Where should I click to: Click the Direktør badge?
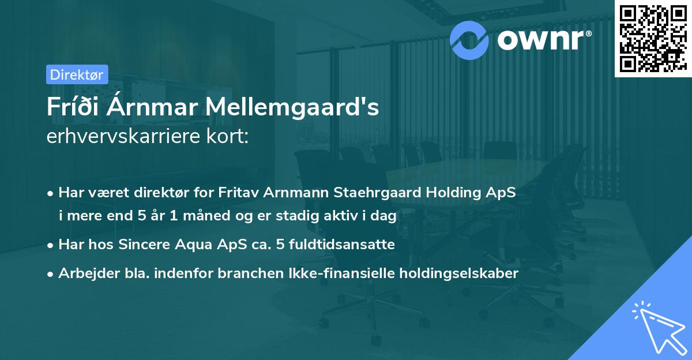77,74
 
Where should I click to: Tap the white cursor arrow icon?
657,327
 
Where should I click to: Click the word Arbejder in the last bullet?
84,273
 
